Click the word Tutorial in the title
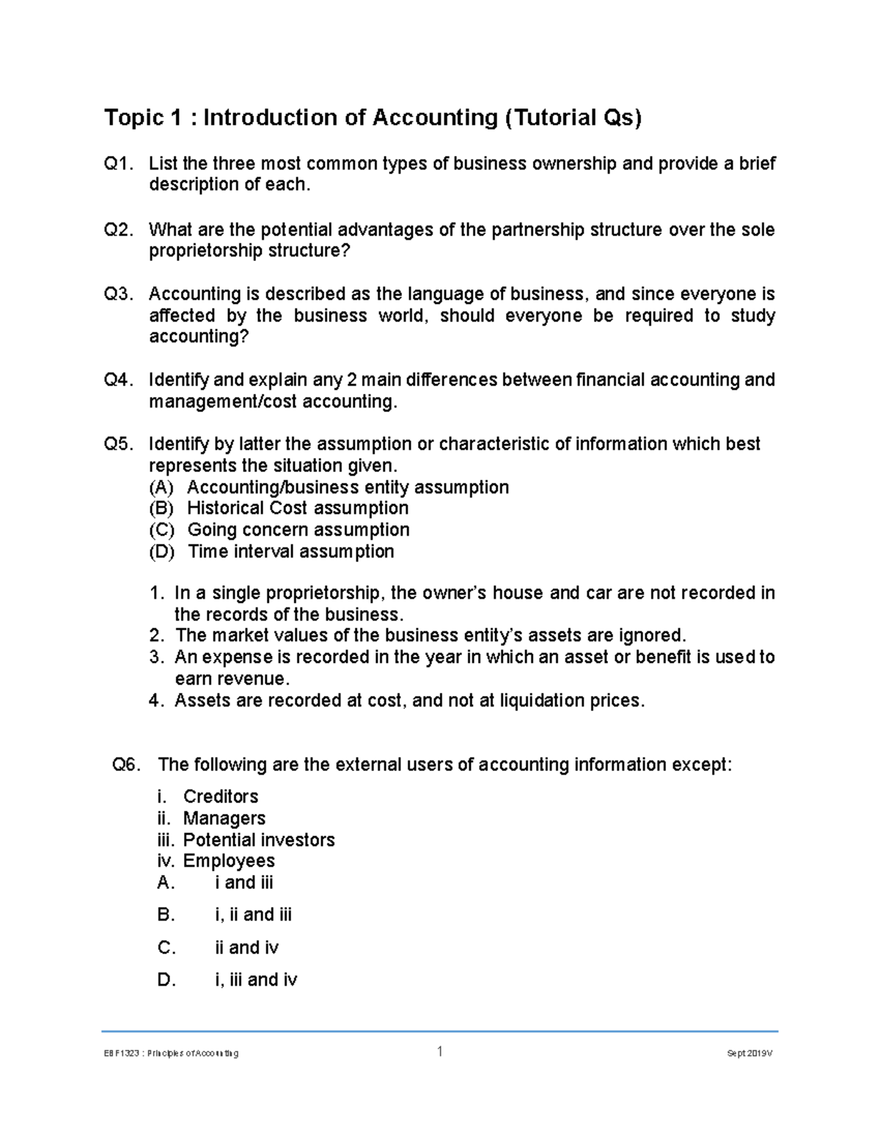(x=552, y=117)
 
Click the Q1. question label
(x=120, y=163)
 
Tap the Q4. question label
(x=120, y=380)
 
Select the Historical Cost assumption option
(x=298, y=509)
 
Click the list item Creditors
(x=220, y=797)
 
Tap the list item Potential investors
(x=258, y=840)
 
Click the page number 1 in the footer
(x=440, y=1052)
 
